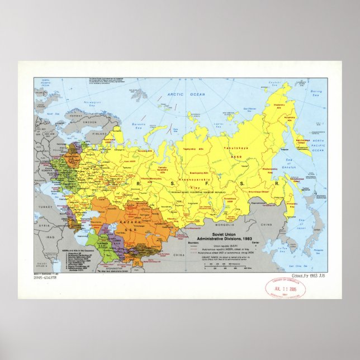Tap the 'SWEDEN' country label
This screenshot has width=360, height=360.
pyautogui.click(x=74, y=122)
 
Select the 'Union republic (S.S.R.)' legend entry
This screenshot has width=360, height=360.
pyautogui.click(x=221, y=247)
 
